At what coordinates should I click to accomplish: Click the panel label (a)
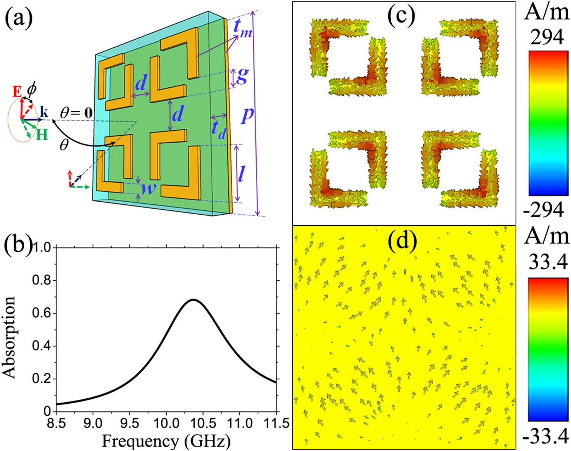point(18,18)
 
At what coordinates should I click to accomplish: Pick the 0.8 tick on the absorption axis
point(42,281)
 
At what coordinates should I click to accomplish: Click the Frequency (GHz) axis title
point(166,441)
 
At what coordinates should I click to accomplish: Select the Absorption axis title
point(9,337)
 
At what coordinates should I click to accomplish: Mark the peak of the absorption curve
point(193,300)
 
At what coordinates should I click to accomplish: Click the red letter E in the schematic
point(17,92)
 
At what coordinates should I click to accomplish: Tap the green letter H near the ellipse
point(42,134)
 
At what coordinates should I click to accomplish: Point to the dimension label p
point(247,114)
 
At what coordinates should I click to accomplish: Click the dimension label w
point(148,187)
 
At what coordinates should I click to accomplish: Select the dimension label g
point(242,76)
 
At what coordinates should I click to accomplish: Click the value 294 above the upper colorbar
point(547,37)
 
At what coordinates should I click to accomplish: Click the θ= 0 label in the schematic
point(76,113)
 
